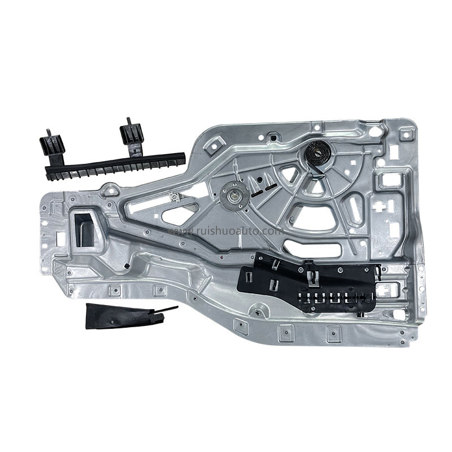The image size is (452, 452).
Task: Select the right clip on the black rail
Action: click(131, 136)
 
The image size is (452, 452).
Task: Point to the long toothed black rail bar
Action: click(113, 162)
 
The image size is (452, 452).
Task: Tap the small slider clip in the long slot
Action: click(175, 197)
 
